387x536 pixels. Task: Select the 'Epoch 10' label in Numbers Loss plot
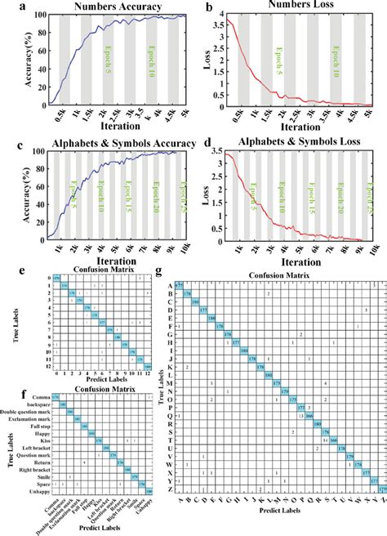point(336,57)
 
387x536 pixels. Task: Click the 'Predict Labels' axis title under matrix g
point(278,511)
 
